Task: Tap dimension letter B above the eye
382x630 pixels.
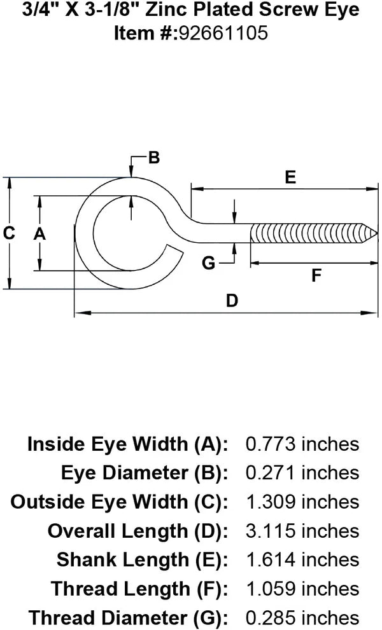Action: pos(153,158)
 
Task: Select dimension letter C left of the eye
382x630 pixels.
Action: pos(9,233)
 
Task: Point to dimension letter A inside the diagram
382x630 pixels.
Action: pos(39,234)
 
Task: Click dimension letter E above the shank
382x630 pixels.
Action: pos(290,177)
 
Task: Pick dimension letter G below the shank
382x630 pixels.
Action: pos(209,262)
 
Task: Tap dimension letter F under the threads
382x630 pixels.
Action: pos(316,275)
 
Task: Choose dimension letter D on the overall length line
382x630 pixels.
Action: pos(232,300)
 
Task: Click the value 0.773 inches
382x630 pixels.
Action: pos(302,444)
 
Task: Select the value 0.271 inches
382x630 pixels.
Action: pos(302,472)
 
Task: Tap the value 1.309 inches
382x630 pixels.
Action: pos(302,502)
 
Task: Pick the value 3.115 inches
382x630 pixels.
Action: pos(302,530)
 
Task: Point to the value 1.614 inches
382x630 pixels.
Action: pos(302,559)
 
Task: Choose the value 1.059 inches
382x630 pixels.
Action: pos(302,588)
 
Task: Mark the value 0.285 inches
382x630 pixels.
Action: pos(302,617)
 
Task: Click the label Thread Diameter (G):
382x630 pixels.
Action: pos(128,617)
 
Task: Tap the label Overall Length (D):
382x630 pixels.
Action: pos(138,530)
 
